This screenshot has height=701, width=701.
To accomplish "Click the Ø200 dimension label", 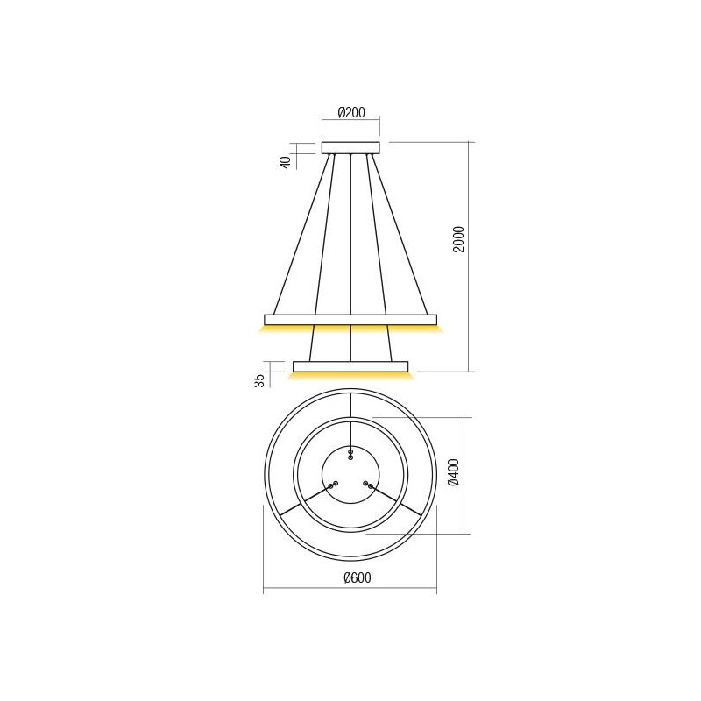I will click(x=351, y=113).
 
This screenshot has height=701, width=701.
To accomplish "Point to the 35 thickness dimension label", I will click(x=260, y=379).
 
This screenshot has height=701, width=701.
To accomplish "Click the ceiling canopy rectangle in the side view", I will click(x=350, y=147).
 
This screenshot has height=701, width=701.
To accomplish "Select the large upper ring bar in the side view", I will click(x=350, y=319).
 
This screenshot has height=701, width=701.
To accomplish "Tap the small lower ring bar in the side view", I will click(x=350, y=365).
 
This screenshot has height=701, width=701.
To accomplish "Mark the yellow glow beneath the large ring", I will click(x=350, y=329).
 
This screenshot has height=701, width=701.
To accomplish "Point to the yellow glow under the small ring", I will click(x=350, y=375).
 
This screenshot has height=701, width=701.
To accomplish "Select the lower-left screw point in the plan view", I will click(x=332, y=485).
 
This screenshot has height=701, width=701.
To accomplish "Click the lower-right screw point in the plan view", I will click(x=368, y=484).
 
